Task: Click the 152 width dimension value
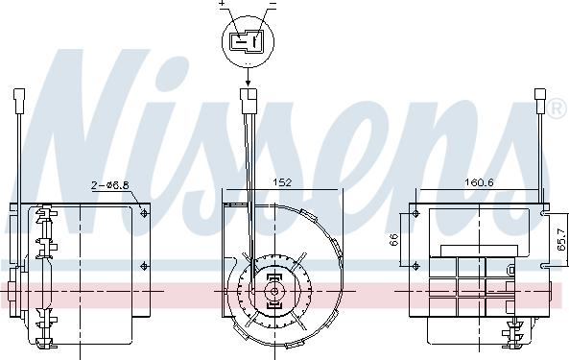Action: pos(282,182)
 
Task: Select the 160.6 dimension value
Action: pos(479,182)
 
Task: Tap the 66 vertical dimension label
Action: pos(393,240)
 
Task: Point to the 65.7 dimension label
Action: pos(561,239)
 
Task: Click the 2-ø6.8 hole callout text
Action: pos(110,185)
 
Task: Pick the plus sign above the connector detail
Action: pos(222,3)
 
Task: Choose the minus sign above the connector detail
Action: pos(273,3)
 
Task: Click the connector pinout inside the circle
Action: pos(248,40)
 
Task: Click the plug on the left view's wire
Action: pos(19,100)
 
